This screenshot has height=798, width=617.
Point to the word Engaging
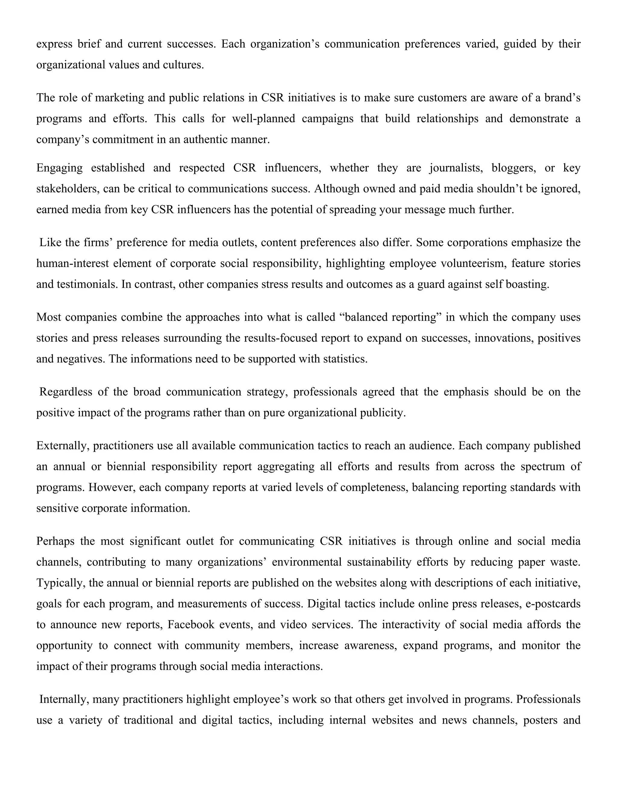click(x=59, y=168)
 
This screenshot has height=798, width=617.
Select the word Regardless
click(x=65, y=392)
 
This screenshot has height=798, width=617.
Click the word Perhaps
click(x=55, y=541)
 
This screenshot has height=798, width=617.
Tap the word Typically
click(x=60, y=582)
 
